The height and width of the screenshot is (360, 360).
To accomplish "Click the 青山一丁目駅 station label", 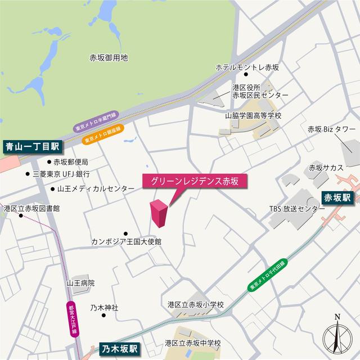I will pyautogui.click(x=33, y=148).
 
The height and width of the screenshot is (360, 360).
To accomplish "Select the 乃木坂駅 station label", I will pyautogui.click(x=120, y=348).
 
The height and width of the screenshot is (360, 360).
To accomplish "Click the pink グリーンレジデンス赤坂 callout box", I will pyautogui.click(x=194, y=181).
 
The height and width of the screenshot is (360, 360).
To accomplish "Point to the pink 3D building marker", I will pyautogui.click(x=158, y=214).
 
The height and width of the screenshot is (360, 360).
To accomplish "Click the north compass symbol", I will pyautogui.click(x=337, y=337).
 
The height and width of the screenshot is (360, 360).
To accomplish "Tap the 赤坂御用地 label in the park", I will pyautogui.click(x=109, y=57).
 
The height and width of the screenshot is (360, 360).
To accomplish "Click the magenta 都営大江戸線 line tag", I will pyautogui.click(x=73, y=320).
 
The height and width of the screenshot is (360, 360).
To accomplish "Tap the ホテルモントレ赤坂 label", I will pyautogui.click(x=247, y=67).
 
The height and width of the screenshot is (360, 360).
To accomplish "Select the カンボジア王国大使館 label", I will pyautogui.click(x=127, y=242).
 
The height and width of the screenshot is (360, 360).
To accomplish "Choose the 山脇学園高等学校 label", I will pyautogui.click(x=253, y=115).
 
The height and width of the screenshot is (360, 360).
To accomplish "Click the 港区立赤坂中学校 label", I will pyautogui.click(x=193, y=343).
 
